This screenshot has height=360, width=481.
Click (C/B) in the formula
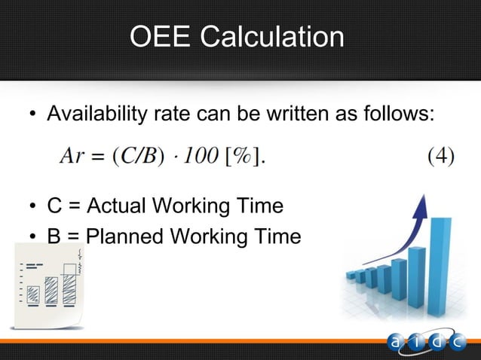pyautogui.click(x=136, y=157)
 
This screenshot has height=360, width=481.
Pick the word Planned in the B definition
pyautogui.click(x=126, y=236)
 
